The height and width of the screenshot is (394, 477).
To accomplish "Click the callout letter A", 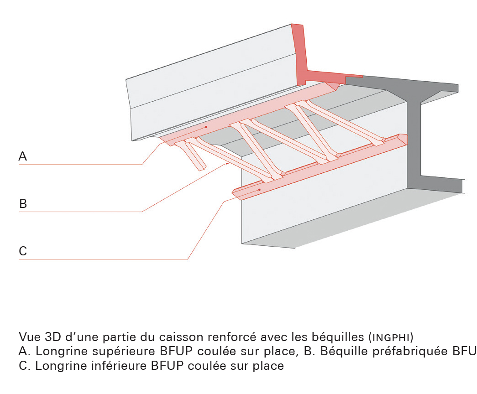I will (x=23, y=156).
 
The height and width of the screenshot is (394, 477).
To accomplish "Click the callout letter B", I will (x=23, y=203).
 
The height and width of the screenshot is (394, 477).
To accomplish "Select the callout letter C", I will (x=23, y=251).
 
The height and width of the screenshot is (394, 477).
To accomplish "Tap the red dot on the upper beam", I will (x=206, y=127).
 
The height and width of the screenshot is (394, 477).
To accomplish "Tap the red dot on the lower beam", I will (x=259, y=190).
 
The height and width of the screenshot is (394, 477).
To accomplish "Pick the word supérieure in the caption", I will (x=121, y=352).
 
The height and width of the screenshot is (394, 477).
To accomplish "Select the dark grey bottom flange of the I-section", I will (x=440, y=184).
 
